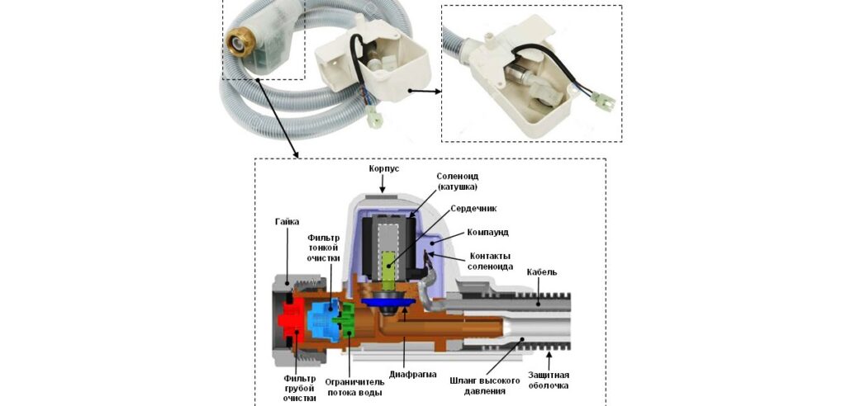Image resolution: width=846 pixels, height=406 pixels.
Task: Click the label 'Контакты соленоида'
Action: (491, 261)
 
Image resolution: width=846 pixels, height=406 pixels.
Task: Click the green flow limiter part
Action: (348, 319)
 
